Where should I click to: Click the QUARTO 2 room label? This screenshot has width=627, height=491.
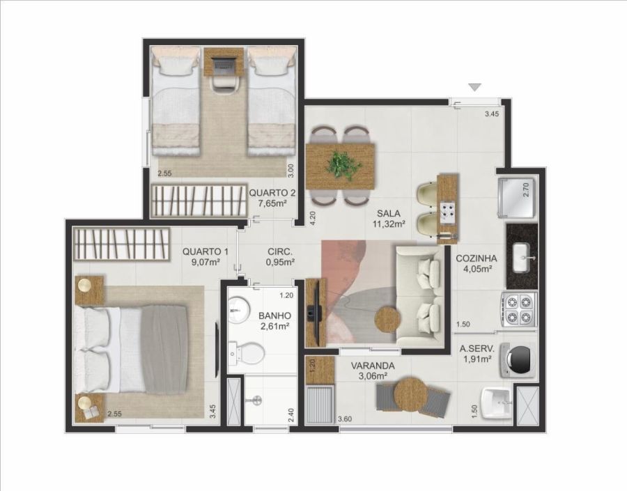pos(272,198)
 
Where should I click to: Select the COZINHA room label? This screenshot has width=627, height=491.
pos(477,258)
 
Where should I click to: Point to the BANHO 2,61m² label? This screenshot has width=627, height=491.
pos(274,320)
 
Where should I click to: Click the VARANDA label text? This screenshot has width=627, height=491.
pos(373,366)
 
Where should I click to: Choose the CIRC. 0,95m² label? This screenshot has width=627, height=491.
pos(280,257)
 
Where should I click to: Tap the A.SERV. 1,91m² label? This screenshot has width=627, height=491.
pos(477,354)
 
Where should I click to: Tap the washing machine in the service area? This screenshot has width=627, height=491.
pos(518,359)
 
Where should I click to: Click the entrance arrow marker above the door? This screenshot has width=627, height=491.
pos(474,87)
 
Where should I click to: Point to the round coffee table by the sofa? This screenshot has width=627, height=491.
pos(387,318)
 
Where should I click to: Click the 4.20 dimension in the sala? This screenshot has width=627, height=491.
pos(313,219)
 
